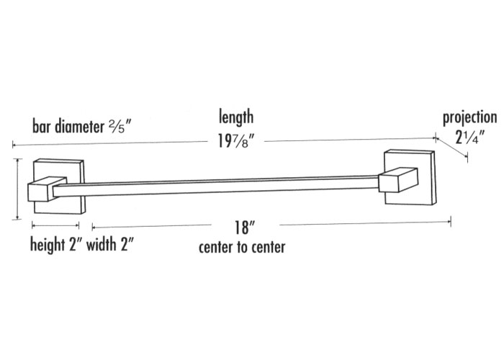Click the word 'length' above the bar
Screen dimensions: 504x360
[236, 117]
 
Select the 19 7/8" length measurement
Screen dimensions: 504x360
[236, 140]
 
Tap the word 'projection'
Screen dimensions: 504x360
[470, 118]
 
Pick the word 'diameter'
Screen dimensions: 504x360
[79, 126]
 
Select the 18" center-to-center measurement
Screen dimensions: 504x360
[245, 228]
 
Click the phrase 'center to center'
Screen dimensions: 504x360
[242, 248]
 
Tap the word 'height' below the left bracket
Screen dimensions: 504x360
[48, 245]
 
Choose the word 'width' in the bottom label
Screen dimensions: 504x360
[102, 244]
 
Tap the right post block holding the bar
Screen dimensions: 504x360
[398, 180]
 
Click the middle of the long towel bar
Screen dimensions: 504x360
[216, 186]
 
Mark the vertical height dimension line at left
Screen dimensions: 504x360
[17, 189]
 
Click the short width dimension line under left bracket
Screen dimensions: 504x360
[55, 225]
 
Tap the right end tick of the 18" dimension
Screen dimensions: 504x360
[451, 222]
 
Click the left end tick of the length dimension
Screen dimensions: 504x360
[13, 145]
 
